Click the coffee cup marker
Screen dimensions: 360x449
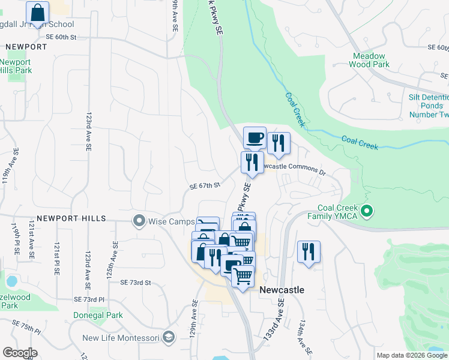(255, 138)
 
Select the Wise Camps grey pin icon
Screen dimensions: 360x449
(139, 221)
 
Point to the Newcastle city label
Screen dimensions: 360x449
(282, 290)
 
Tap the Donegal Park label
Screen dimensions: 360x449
(98, 315)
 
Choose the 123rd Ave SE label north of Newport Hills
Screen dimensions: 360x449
(88, 126)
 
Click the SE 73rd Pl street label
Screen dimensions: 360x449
(89, 299)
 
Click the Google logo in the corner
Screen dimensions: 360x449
(20, 353)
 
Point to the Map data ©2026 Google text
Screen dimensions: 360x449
(411, 355)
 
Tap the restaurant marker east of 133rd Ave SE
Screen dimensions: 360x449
(309, 251)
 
